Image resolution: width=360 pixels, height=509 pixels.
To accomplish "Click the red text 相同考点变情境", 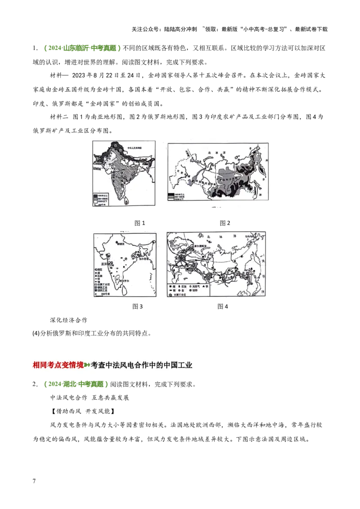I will click(58, 365).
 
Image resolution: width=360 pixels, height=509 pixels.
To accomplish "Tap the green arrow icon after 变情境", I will click(87, 365).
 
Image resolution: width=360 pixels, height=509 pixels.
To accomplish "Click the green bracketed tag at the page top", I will click(83, 48).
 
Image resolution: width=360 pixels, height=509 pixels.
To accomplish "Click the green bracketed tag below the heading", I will click(76, 384).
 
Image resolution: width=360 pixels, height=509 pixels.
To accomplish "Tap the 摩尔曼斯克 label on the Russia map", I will click(201, 247).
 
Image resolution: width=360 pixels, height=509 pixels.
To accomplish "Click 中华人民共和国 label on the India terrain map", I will click(135, 147).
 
